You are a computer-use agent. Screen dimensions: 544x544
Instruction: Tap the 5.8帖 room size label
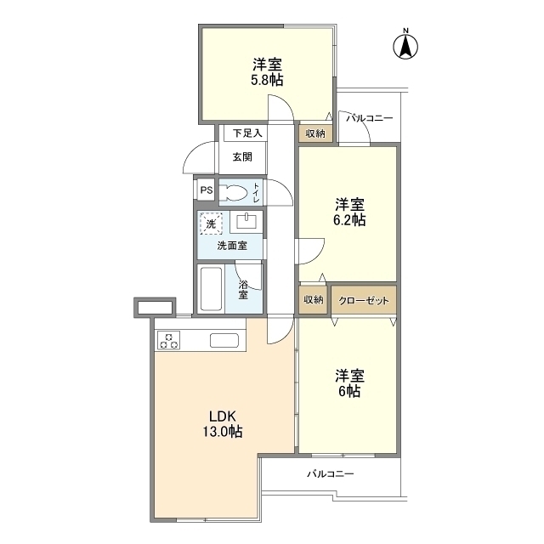click(267, 72)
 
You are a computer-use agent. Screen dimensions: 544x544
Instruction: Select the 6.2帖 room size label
click(348, 212)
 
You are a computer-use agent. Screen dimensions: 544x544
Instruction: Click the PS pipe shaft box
click(207, 190)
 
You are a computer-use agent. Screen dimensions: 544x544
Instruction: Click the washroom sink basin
click(246, 223)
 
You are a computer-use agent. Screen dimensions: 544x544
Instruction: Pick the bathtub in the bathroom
click(210, 290)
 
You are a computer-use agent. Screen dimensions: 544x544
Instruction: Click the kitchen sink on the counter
click(224, 342)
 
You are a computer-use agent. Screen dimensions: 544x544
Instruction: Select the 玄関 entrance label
click(242, 156)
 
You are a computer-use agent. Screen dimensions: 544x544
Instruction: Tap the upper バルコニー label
click(369, 118)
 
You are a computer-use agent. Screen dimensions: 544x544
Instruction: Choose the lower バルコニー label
click(330, 473)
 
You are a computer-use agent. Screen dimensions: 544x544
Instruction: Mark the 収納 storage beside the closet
click(312, 299)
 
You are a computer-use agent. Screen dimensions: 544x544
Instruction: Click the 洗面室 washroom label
click(232, 246)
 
